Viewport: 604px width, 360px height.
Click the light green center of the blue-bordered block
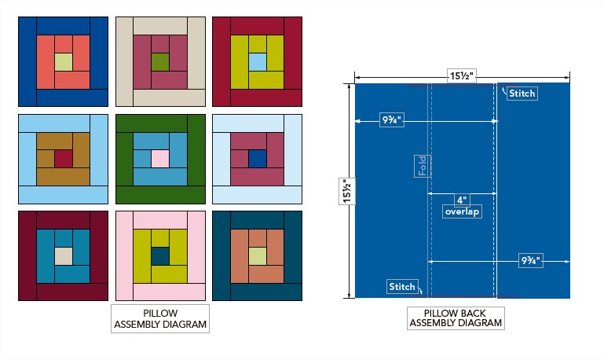(x=63, y=62)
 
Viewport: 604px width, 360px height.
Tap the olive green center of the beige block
(x=159, y=62)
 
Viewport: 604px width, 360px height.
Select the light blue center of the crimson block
(x=257, y=61)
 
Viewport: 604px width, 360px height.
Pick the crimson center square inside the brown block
(x=63, y=158)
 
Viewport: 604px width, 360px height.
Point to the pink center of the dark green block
(x=159, y=158)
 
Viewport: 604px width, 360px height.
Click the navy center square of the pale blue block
(x=257, y=158)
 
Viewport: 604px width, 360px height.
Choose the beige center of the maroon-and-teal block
(x=63, y=255)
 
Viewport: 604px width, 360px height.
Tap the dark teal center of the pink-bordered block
(x=159, y=255)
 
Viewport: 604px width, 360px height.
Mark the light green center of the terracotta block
(x=257, y=255)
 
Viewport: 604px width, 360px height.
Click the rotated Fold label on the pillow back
(x=423, y=166)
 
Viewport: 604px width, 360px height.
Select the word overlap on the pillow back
(x=462, y=212)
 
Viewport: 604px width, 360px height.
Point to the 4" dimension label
(x=461, y=200)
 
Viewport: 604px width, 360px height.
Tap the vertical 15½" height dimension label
(x=346, y=191)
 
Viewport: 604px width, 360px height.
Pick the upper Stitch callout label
(x=522, y=94)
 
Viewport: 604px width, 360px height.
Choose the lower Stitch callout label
(x=401, y=287)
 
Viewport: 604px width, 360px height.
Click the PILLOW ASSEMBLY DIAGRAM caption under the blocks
(x=159, y=318)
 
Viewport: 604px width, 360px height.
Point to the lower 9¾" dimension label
(x=532, y=260)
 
